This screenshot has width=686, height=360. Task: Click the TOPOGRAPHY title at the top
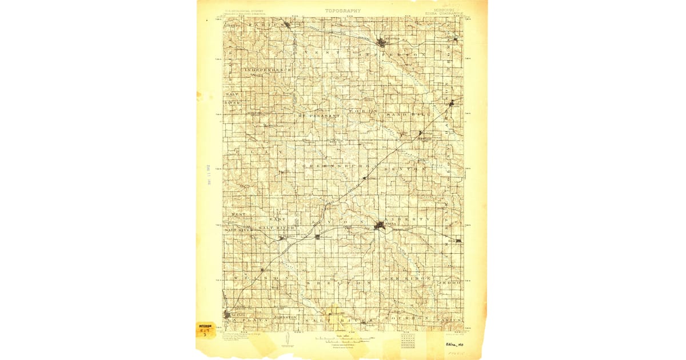343,10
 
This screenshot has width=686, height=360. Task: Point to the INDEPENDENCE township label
269,70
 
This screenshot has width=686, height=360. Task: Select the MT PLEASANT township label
317,116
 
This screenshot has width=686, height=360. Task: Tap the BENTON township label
405,169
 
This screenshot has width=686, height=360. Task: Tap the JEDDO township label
449,283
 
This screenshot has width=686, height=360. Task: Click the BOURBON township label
406,317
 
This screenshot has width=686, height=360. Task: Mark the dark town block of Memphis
382,42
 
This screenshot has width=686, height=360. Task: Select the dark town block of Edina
379,226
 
